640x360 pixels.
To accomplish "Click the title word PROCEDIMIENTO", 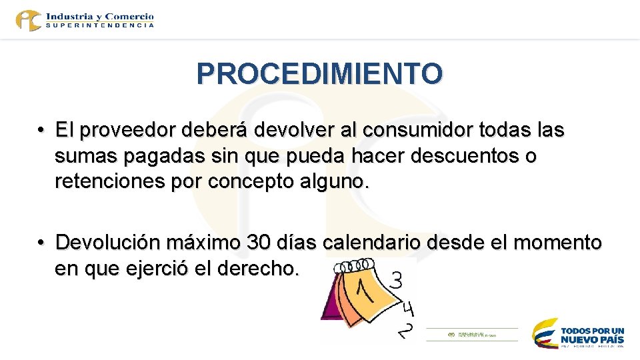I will [319, 74].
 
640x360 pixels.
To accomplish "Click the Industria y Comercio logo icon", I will [29, 20].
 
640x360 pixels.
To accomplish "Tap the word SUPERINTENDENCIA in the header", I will [100, 25].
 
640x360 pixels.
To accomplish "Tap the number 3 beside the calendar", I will [395, 280].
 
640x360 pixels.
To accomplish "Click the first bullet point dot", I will [41, 131].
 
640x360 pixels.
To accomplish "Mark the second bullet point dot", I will [41, 242].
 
